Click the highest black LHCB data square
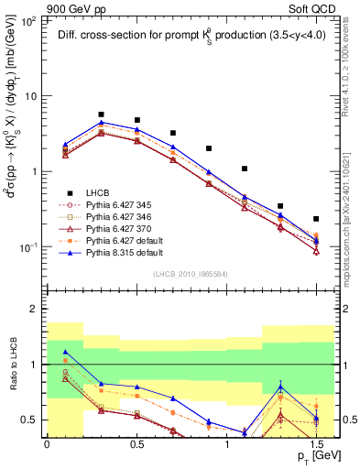click(x=101, y=115)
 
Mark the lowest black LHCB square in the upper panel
click(x=316, y=219)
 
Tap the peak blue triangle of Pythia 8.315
click(x=101, y=122)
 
